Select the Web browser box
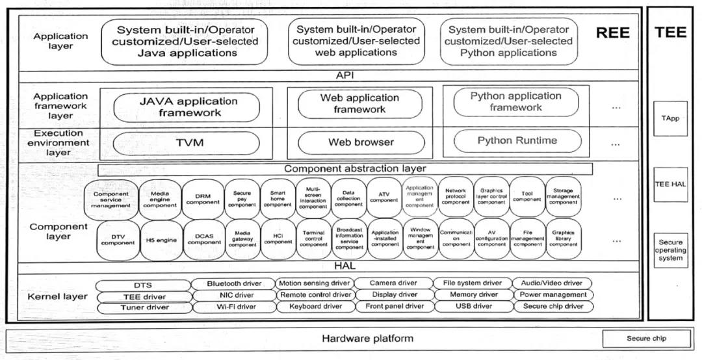[361, 142]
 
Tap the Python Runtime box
[517, 140]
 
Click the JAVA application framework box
[188, 107]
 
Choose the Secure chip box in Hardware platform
[646, 339]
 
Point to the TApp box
[670, 119]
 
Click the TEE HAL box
[670, 185]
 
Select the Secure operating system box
[670, 250]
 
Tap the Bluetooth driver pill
[234, 283]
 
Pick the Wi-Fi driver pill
[234, 307]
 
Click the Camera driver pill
[394, 283]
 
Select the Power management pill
[553, 294]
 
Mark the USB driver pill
[473, 306]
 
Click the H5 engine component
[161, 240]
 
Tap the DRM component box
[203, 198]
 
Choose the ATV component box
[384, 197]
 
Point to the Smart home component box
[278, 198]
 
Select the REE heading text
[612, 33]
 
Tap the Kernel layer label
[58, 296]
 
